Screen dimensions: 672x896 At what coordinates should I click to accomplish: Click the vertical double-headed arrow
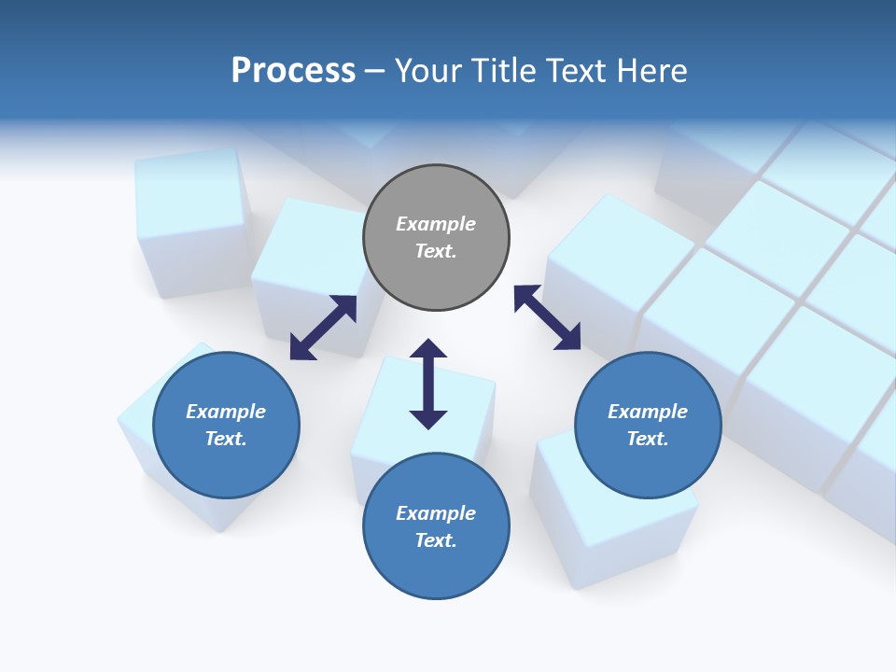coord(428,384)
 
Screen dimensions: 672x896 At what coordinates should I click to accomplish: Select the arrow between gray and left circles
coord(323,328)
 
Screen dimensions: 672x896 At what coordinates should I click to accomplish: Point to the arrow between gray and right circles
coord(547,317)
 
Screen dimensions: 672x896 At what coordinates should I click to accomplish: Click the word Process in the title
coord(293,70)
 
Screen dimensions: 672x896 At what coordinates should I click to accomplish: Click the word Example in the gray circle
coord(436,224)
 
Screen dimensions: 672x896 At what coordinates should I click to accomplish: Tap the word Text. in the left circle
coord(226,439)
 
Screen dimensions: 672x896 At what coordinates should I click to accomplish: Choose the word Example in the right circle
coord(648,412)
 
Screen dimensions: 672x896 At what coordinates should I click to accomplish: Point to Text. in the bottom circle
coord(436,540)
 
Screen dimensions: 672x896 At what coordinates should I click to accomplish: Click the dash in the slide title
coord(375,71)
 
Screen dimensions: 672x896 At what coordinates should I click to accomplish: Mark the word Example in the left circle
coord(226,412)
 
